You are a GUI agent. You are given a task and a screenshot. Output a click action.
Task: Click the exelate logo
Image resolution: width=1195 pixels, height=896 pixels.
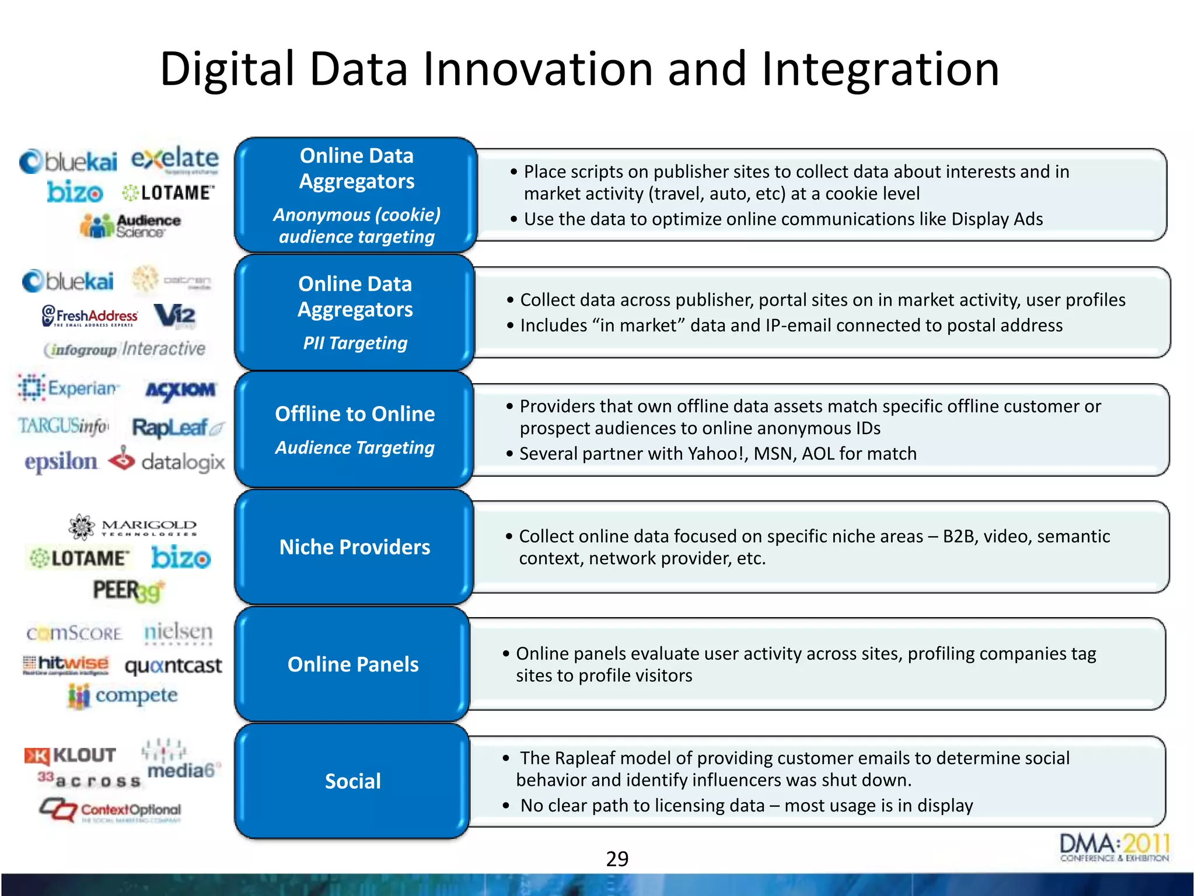pos(174,160)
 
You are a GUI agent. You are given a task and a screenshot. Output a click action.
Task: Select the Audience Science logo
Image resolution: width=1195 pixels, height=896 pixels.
pos(131,226)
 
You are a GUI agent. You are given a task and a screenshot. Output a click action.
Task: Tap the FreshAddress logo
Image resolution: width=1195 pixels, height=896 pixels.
pos(90,316)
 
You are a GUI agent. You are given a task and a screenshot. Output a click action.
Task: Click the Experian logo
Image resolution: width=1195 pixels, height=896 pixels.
pos(68,388)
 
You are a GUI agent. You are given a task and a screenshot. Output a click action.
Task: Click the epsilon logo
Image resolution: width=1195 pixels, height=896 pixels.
pos(61,461)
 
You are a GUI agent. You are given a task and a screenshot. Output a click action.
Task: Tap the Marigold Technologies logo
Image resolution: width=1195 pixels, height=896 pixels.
pos(132,527)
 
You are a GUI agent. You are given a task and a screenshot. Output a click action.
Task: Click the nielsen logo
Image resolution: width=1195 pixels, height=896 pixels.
pos(178,632)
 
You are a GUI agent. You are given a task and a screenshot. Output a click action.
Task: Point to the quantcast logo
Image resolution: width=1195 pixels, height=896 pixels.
pos(173,666)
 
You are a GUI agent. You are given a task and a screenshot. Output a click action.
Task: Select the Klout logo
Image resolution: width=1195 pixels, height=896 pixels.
pos(71,755)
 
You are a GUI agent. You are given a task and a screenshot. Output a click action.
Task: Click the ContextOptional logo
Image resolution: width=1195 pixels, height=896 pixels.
pos(111,810)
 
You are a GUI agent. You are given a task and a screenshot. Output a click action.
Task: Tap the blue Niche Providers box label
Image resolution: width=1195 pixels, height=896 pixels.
pos(355,547)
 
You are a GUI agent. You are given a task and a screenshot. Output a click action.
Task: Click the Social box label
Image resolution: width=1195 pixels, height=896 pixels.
pos(353,781)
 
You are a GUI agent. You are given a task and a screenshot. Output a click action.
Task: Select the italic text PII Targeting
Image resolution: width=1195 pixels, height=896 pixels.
pos(355,343)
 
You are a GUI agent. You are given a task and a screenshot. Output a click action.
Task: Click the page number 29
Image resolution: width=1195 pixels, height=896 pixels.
pos(617,859)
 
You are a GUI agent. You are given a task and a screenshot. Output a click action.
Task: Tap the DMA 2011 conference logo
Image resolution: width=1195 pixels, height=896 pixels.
pos(1114,848)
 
